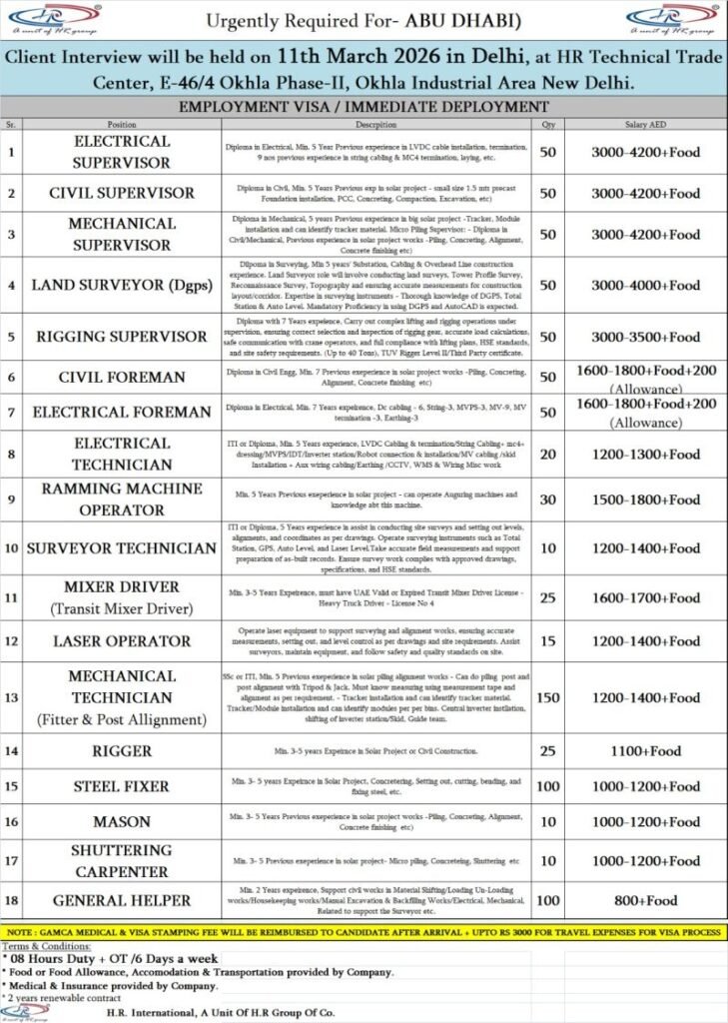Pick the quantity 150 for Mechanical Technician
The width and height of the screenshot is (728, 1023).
(547, 697)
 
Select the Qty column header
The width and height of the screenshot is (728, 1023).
(547, 125)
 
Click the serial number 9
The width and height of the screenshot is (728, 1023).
(11, 499)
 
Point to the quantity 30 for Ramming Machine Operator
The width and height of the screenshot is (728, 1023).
(547, 499)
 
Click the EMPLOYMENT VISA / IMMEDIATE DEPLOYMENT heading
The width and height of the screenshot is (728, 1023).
(363, 106)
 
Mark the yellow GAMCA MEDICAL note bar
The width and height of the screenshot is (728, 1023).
(364, 931)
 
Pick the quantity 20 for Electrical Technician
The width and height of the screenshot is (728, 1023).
(547, 453)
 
